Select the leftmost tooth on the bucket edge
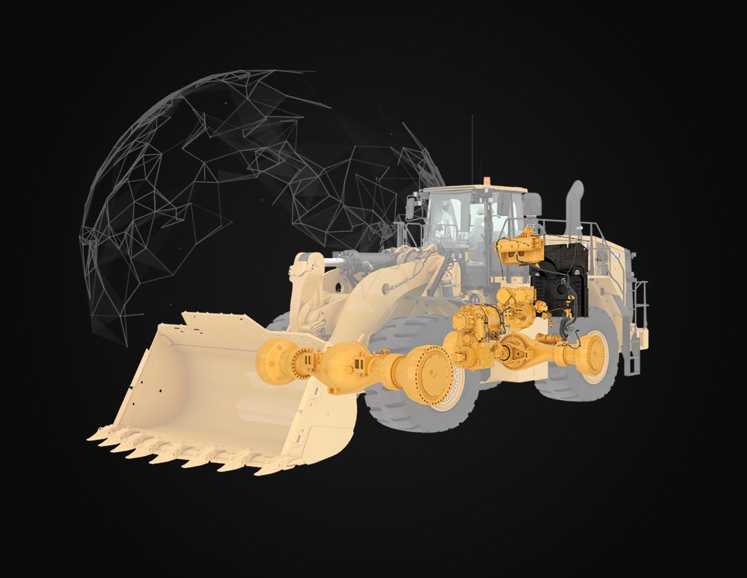pos(95,436)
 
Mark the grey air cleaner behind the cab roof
pos(532,204)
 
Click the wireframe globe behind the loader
pos(207,173)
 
